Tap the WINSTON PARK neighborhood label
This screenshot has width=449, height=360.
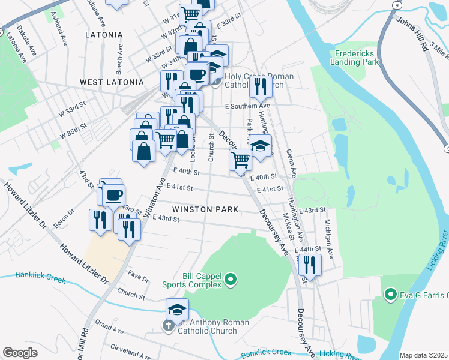pos(205,209)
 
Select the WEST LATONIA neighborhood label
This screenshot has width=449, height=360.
pos(112,82)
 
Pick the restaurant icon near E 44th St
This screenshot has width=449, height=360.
pos(310,264)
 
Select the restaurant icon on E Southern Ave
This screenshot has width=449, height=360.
pos(261,86)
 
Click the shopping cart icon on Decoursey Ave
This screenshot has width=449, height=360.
pos(240,160)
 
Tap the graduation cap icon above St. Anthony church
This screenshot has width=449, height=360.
pos(177,310)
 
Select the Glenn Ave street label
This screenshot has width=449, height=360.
pos(292,163)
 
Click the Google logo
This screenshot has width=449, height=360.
pos(20,353)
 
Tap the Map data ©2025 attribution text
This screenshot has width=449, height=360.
pos(423,355)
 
